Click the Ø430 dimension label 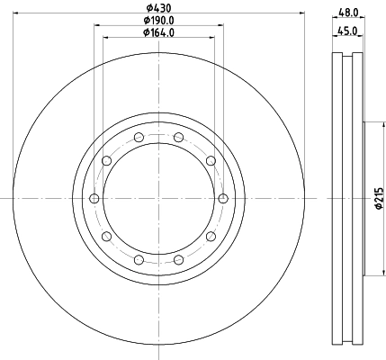159,7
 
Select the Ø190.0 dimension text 159,20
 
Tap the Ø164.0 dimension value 159,32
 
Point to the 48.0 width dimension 348,13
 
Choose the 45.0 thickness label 347,31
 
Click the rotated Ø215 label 379,198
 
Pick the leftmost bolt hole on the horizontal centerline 94,198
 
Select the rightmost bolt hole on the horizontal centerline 223,198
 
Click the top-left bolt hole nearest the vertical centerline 139,138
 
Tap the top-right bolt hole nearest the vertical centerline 179,138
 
